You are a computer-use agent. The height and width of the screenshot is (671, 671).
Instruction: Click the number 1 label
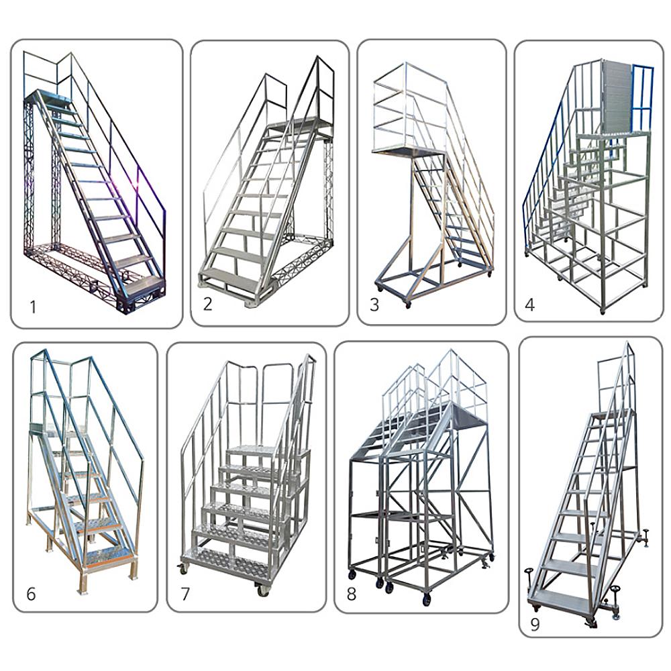coord(32,308)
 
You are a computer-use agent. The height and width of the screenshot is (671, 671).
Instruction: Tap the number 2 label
coord(208,304)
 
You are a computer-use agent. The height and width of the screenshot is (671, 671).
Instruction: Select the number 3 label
coord(374,305)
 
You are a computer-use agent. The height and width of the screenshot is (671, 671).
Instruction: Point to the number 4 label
coord(530,305)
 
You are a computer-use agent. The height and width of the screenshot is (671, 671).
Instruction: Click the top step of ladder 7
coord(252,448)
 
